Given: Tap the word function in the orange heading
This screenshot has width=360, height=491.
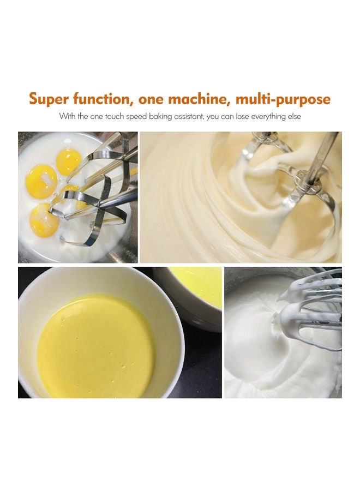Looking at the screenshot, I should click(x=104, y=99).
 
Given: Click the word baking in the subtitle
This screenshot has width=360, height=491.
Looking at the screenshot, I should click(x=155, y=117).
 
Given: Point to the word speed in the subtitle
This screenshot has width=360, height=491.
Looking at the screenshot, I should click(x=133, y=117).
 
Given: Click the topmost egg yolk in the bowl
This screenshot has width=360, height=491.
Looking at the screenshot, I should click(x=69, y=161).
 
